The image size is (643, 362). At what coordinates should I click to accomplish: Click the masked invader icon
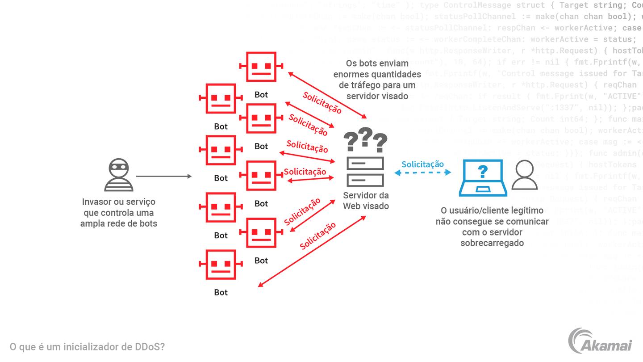[118, 175]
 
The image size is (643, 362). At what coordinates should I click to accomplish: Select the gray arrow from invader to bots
[163, 177]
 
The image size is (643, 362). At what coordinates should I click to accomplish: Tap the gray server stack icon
[365, 172]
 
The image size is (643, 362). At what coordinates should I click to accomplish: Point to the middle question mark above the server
[365, 137]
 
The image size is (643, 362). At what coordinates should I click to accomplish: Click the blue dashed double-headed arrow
[422, 173]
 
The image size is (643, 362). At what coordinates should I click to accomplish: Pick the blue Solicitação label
[422, 164]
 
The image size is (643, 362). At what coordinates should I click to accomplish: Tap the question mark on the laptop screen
[483, 171]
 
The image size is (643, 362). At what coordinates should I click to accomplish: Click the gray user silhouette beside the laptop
[524, 176]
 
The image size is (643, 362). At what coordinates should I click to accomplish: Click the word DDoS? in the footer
[150, 347]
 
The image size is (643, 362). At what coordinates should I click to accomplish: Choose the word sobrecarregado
[492, 243]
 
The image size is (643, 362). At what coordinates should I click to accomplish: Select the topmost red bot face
[261, 67]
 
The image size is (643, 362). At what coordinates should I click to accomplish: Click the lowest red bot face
[221, 265]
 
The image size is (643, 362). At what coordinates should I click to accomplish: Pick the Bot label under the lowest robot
[221, 292]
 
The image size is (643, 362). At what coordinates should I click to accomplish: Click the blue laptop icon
[483, 177]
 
